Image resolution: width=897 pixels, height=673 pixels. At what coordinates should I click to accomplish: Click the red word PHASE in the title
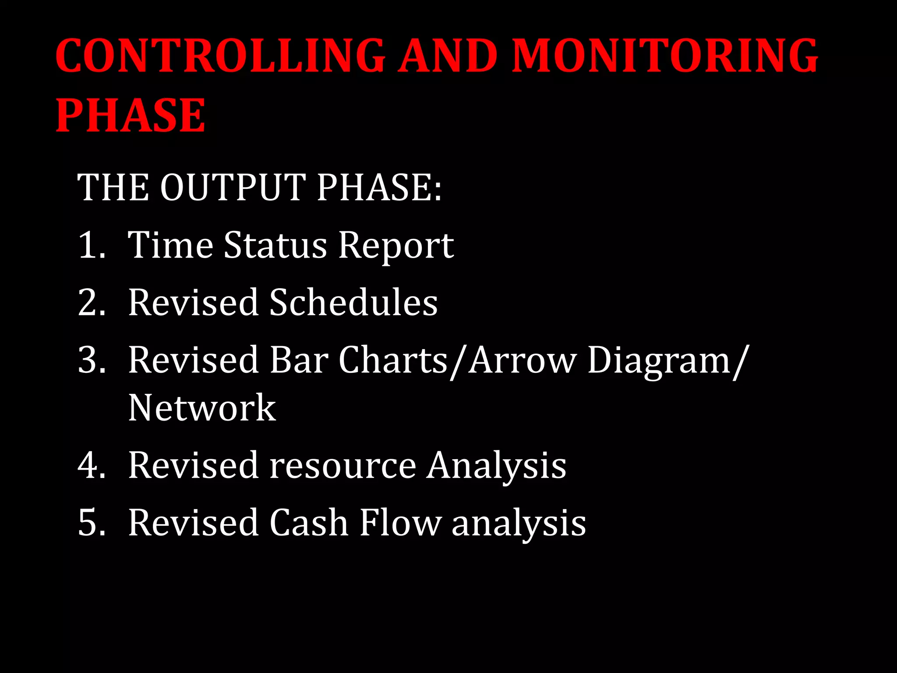[x=130, y=116]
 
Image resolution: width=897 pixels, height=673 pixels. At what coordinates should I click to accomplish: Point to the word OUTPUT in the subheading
[x=233, y=188]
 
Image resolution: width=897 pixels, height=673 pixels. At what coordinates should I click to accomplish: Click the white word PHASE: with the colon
[x=379, y=188]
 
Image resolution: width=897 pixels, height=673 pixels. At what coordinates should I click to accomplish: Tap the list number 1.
[x=92, y=245]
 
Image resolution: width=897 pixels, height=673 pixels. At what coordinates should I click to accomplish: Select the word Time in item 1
[x=170, y=245]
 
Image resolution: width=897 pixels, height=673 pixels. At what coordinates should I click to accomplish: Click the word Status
[x=275, y=245]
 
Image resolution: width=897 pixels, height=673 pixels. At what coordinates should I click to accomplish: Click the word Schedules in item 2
[x=353, y=302]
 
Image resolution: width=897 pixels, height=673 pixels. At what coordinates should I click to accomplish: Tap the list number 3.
[x=92, y=360]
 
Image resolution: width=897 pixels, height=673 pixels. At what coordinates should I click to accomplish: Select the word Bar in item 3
[x=298, y=360]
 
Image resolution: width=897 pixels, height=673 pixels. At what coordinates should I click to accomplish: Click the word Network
[x=202, y=408]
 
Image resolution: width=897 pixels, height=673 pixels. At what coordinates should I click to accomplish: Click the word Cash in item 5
[x=308, y=523]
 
